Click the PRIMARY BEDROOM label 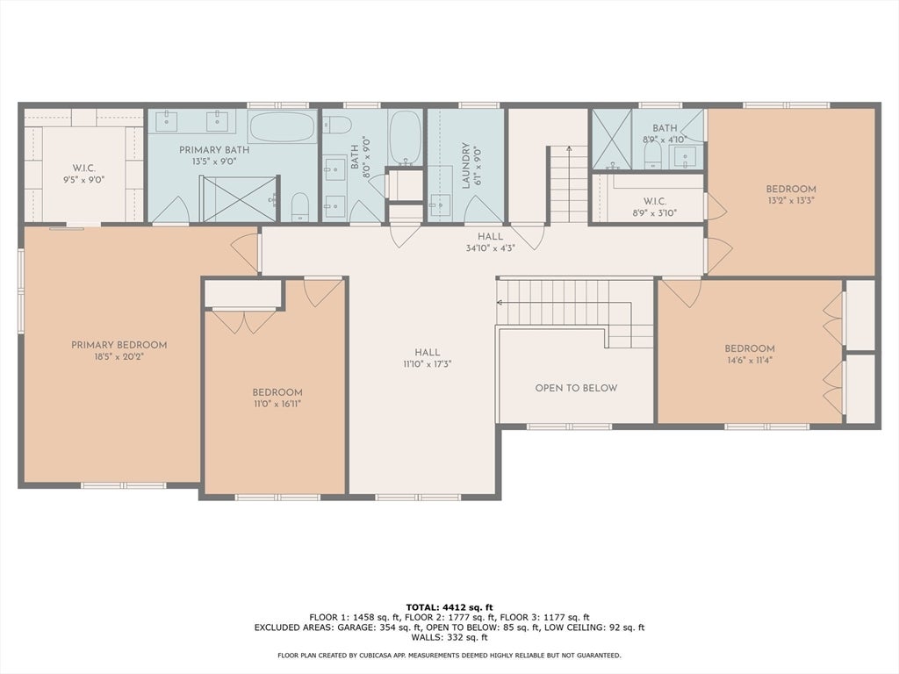coord(119,345)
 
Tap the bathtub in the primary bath coord(281,126)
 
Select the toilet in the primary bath coord(299,205)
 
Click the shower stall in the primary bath coord(239,198)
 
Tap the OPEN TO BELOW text coord(576,388)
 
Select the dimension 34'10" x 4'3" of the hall coord(490,247)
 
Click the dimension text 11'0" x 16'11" coord(277,404)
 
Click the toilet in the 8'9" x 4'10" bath coord(652,155)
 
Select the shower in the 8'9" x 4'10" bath coord(611,139)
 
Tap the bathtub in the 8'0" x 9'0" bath coord(405,138)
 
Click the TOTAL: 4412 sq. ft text coord(449,606)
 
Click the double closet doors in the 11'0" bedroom coord(245,321)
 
